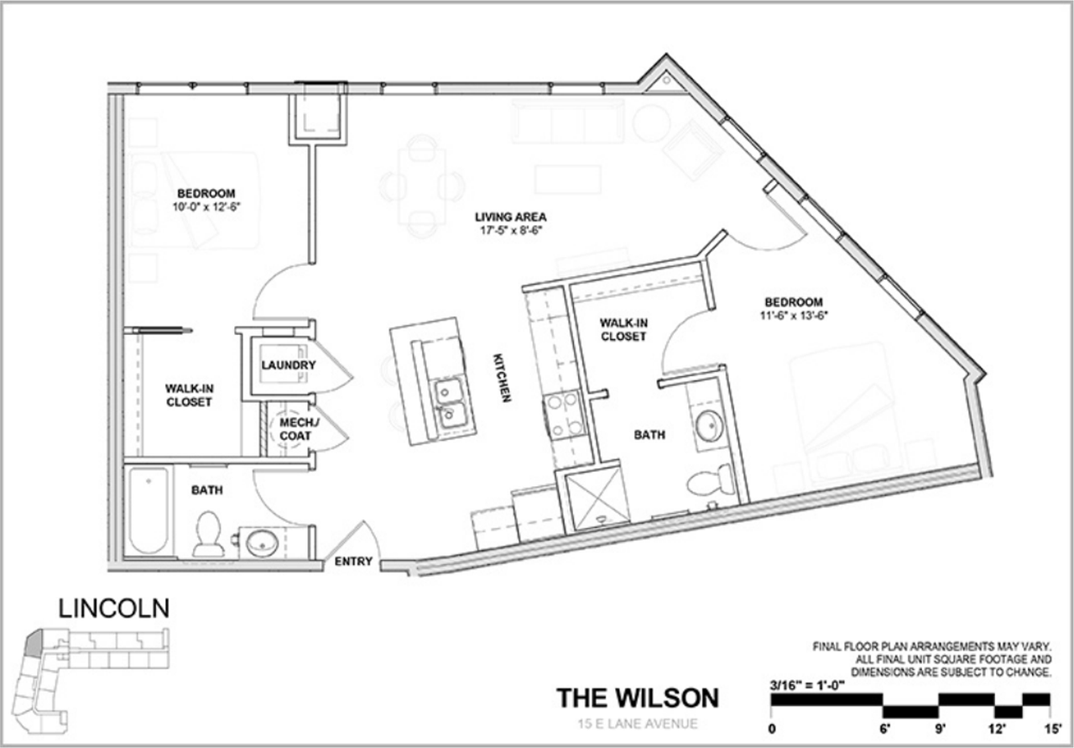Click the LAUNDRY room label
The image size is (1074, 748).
tap(288, 365)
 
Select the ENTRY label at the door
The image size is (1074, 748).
tap(353, 562)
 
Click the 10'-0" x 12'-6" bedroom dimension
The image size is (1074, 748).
tap(206, 207)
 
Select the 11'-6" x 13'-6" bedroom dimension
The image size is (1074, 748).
tap(793, 316)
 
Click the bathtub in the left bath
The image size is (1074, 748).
tap(149, 510)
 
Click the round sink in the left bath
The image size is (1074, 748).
tap(263, 542)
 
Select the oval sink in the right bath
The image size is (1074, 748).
tap(710, 426)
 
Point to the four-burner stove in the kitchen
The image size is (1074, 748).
tap(564, 415)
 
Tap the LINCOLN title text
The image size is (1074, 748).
tap(113, 608)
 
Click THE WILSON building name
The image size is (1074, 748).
tap(638, 698)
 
